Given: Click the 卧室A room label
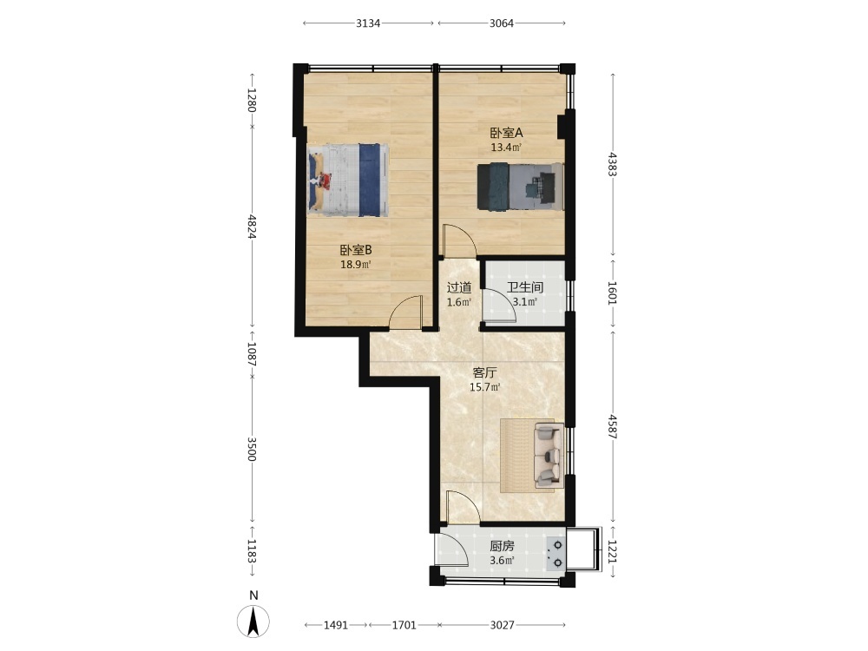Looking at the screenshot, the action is (506, 133).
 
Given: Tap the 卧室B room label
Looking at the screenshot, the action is (355, 250).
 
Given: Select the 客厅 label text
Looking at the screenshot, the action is (484, 373).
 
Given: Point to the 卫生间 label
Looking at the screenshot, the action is (525, 288).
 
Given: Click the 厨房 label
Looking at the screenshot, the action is (502, 546).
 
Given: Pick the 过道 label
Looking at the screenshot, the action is (459, 288).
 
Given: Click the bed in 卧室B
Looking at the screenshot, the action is (348, 180).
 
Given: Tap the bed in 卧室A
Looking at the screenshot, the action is (520, 187).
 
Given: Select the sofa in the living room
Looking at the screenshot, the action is (549, 455).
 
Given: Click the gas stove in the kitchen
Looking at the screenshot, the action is (556, 554).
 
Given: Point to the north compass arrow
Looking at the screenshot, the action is (253, 621).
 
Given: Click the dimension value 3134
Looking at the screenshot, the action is (368, 23).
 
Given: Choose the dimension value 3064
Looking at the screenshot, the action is (502, 23).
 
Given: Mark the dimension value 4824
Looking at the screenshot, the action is (252, 227).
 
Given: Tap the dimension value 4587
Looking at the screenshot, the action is (612, 426).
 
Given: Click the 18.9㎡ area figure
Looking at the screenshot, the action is (355, 265).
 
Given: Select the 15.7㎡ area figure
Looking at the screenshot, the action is (485, 387).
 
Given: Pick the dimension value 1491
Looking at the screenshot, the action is (335, 626).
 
